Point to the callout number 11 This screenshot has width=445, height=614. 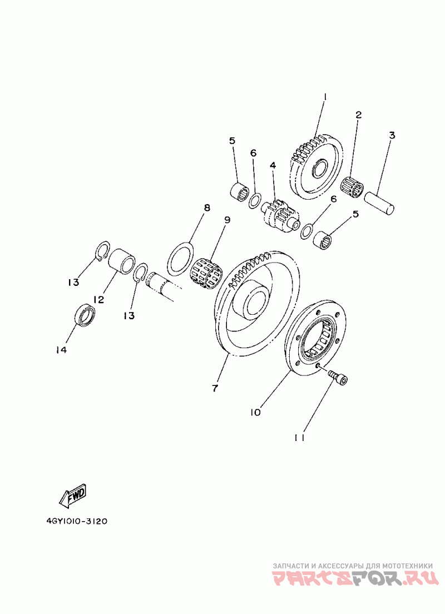[x=299, y=438]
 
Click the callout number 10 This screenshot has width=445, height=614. [x=255, y=412]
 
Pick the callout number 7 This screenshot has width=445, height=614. [x=215, y=388]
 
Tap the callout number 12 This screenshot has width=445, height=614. [x=99, y=299]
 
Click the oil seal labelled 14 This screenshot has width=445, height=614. [x=85, y=315]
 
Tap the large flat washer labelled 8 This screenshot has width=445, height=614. [x=180, y=257]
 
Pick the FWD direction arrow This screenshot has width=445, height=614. [x=73, y=495]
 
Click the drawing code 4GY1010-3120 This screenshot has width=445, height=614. [x=77, y=522]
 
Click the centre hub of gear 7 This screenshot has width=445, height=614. [x=253, y=300]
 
